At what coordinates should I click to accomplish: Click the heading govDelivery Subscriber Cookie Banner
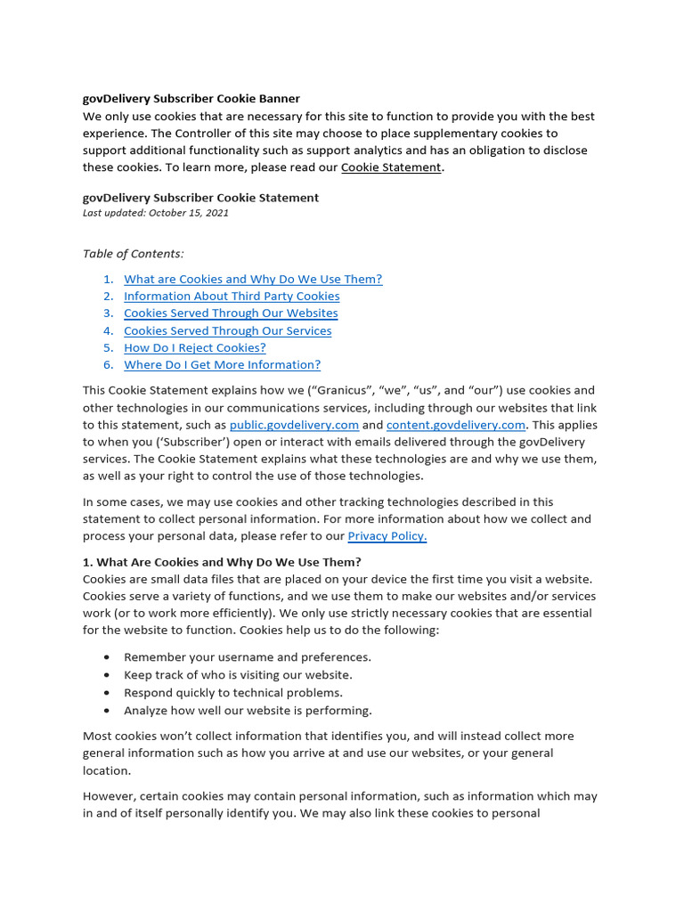pyautogui.click(x=191, y=99)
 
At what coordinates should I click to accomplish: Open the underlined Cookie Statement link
pyautogui.click(x=391, y=167)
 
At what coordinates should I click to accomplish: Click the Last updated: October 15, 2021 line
pyautogui.click(x=155, y=213)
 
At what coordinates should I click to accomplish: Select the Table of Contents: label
pyautogui.click(x=133, y=254)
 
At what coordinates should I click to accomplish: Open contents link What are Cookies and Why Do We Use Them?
pyautogui.click(x=253, y=279)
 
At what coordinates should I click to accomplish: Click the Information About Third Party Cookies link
pyautogui.click(x=232, y=296)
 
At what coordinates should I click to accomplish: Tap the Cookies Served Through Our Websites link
pyautogui.click(x=231, y=313)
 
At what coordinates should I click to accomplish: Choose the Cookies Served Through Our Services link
pyautogui.click(x=227, y=330)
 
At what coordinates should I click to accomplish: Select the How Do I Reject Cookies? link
pyautogui.click(x=194, y=347)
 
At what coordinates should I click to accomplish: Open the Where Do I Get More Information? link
pyautogui.click(x=222, y=364)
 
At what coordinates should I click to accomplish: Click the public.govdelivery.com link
pyautogui.click(x=294, y=425)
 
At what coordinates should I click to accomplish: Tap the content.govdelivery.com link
pyautogui.click(x=456, y=425)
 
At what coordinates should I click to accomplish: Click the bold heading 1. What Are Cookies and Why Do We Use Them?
pyautogui.click(x=222, y=562)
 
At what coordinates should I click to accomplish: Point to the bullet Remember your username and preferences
pyautogui.click(x=247, y=657)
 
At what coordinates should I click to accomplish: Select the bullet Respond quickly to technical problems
pyautogui.click(x=232, y=692)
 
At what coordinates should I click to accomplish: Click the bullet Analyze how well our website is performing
pyautogui.click(x=248, y=710)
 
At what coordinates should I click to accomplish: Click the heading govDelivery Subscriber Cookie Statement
pyautogui.click(x=200, y=198)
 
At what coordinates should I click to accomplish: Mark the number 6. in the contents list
pyautogui.click(x=108, y=364)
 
